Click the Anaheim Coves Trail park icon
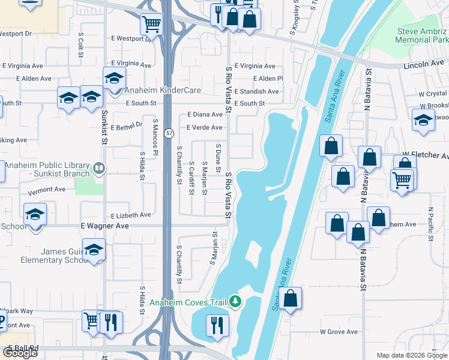click(236, 302)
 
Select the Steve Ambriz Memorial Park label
click(422, 35)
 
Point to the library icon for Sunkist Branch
click(99, 169)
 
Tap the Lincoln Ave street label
click(424, 64)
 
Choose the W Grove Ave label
click(339, 331)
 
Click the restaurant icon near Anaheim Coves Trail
click(217, 325)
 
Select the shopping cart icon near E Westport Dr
click(151, 24)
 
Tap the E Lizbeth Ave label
click(131, 215)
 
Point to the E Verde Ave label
click(204, 127)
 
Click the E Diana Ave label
click(205, 114)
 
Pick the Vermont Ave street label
click(46, 189)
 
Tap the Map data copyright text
click(411, 355)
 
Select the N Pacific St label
click(430, 225)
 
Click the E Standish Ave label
click(256, 91)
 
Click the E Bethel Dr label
click(126, 124)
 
